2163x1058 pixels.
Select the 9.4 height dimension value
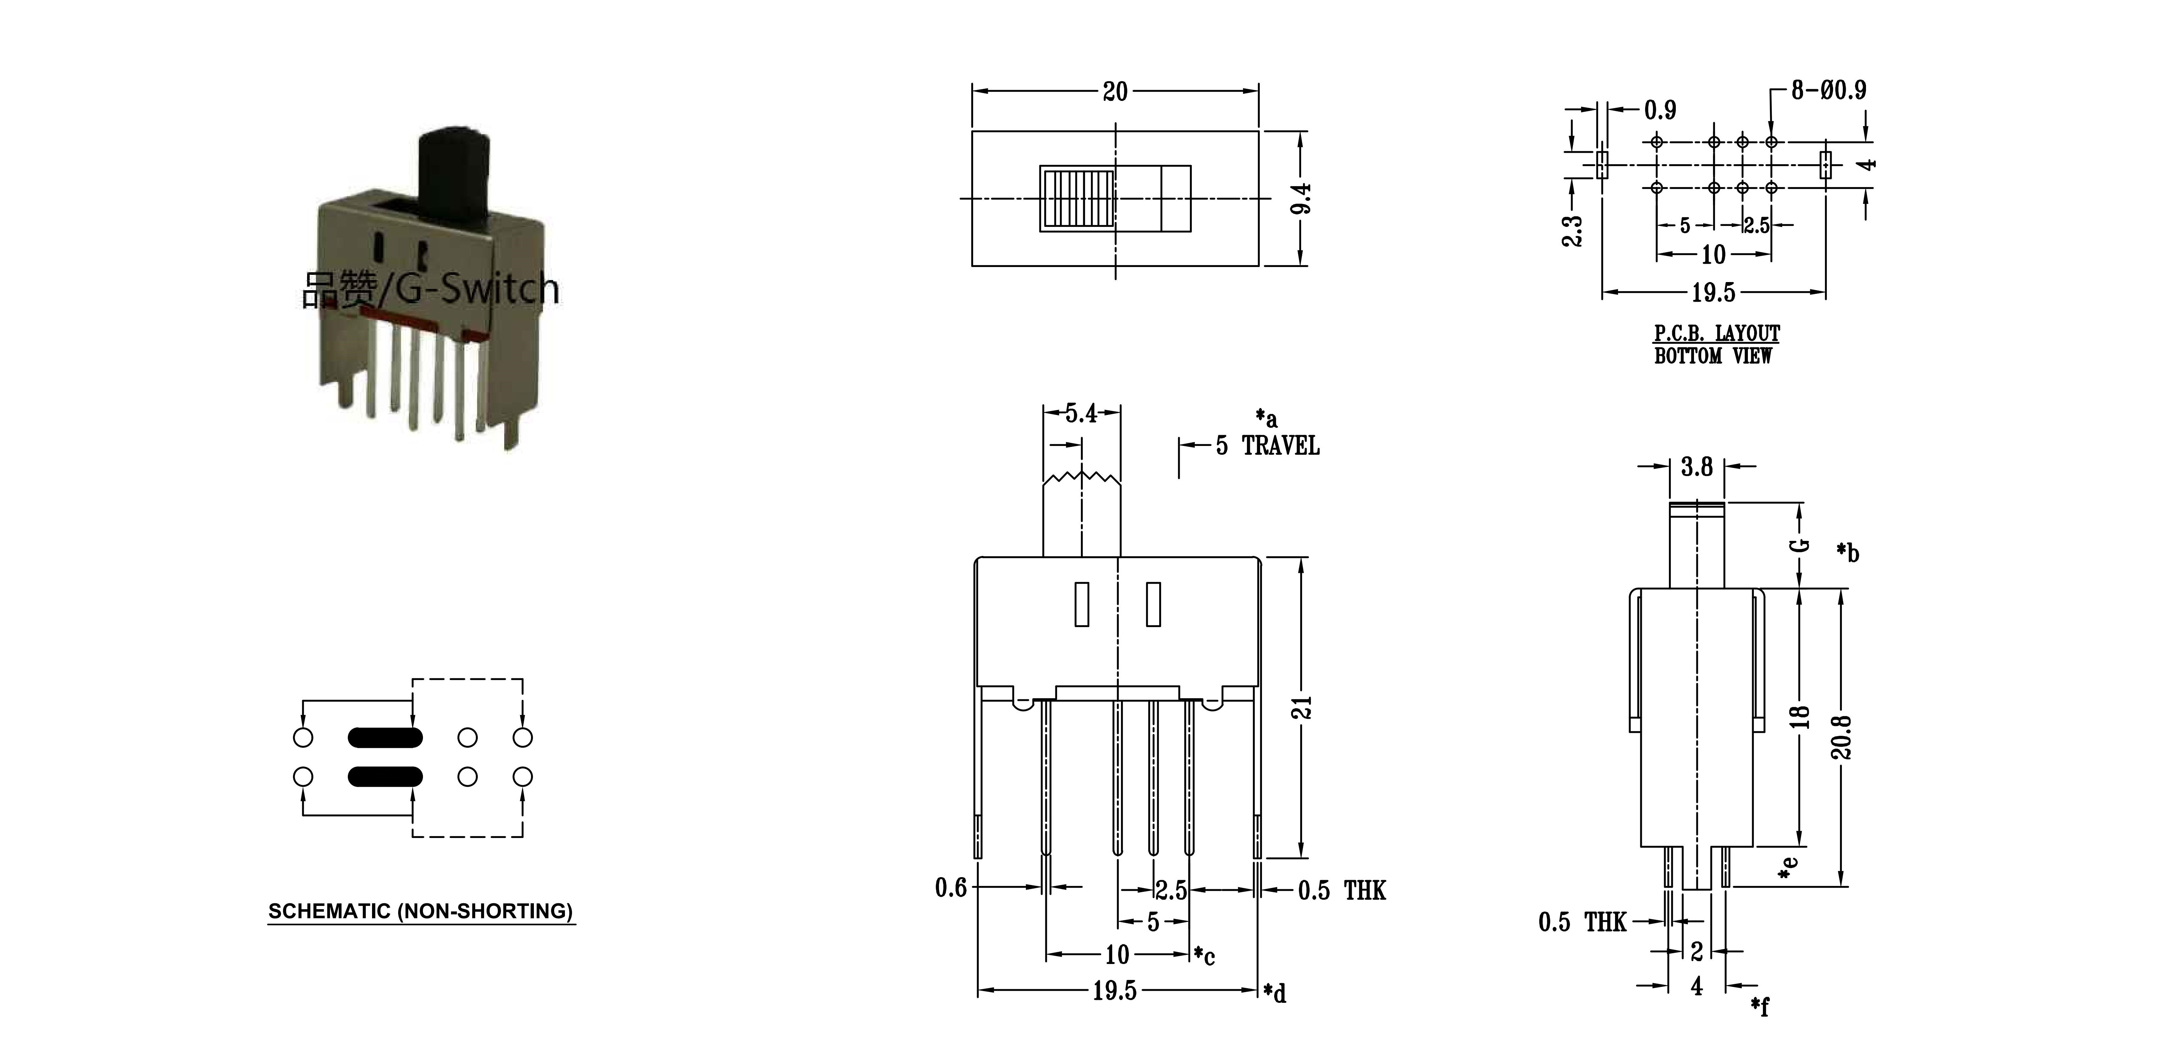click(x=1301, y=198)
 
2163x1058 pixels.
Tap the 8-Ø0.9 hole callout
click(x=1829, y=90)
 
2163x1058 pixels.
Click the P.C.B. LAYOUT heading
click(x=1716, y=333)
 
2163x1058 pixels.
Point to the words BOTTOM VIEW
click(x=1713, y=356)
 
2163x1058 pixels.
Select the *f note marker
click(x=1760, y=1006)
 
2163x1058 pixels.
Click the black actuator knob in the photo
click(x=453, y=178)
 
